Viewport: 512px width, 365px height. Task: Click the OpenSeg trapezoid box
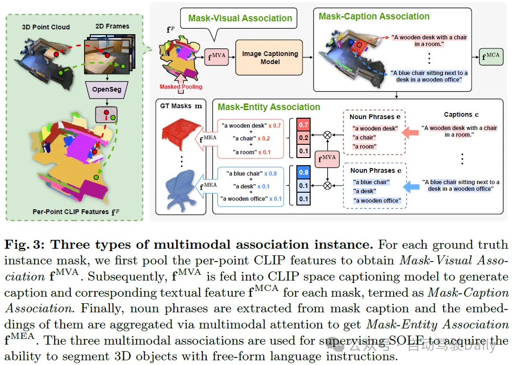(107, 89)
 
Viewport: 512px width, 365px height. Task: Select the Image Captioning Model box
(270, 58)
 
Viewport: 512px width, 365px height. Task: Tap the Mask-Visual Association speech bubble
(240, 19)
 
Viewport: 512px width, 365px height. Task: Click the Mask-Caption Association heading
(374, 17)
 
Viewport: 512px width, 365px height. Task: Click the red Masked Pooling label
(180, 87)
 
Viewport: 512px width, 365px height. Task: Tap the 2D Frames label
(113, 26)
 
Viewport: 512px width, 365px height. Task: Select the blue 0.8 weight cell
(303, 173)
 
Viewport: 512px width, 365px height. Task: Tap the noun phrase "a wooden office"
(377, 201)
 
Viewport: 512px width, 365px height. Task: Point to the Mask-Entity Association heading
(269, 107)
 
